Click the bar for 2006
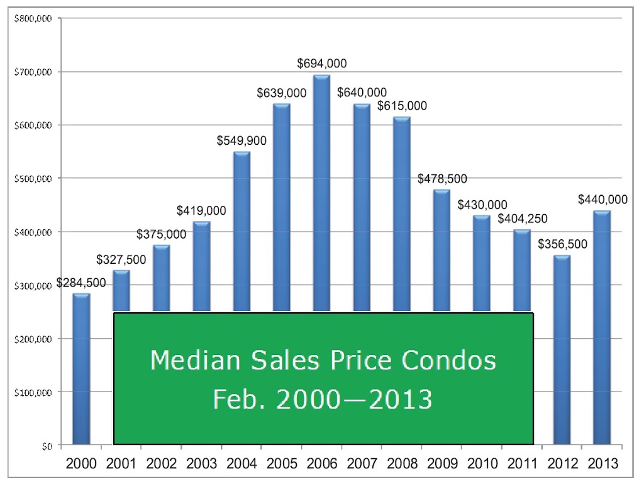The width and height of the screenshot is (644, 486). pyautogui.click(x=321, y=193)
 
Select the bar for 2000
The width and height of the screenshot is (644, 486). pyautogui.click(x=81, y=369)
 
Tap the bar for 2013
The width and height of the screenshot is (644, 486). pyautogui.click(x=602, y=327)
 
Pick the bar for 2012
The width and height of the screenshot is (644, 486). pyautogui.click(x=562, y=350)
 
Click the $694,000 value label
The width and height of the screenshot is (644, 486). pyautogui.click(x=322, y=64)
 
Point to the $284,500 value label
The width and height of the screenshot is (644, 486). pyautogui.click(x=81, y=283)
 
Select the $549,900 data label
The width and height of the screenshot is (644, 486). pyautogui.click(x=241, y=140)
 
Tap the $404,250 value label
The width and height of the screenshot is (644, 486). pyautogui.click(x=523, y=218)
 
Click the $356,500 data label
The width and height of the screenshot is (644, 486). pyautogui.click(x=563, y=244)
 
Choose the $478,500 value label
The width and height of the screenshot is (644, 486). pyautogui.click(x=442, y=179)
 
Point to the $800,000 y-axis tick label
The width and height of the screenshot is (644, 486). pyautogui.click(x=33, y=18)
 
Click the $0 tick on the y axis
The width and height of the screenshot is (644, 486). pyautogui.click(x=47, y=446)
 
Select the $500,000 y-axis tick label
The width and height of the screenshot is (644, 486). pyautogui.click(x=33, y=179)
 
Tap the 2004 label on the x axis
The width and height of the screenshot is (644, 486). pyautogui.click(x=241, y=463)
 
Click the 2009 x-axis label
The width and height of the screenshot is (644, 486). pyautogui.click(x=442, y=463)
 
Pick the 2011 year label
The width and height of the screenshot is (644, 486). pyautogui.click(x=523, y=463)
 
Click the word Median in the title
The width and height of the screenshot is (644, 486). pyautogui.click(x=195, y=360)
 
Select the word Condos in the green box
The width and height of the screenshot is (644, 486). pyautogui.click(x=448, y=360)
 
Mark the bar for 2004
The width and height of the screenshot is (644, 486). pyautogui.click(x=241, y=232)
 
